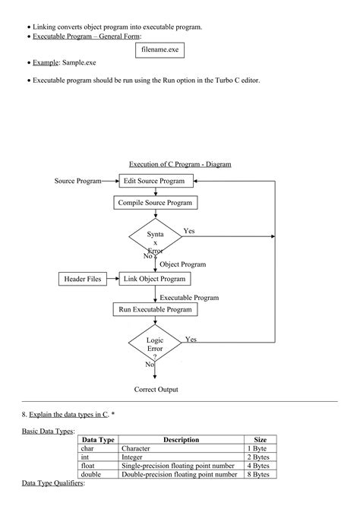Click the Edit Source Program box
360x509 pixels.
coord(155,181)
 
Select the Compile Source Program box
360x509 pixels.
coord(155,203)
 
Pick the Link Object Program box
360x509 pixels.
coord(155,280)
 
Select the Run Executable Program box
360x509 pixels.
coord(155,309)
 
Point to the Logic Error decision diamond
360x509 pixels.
coord(155,346)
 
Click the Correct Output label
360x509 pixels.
coord(156,390)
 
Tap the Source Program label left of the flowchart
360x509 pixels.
coord(78,181)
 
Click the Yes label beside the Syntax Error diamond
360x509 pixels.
coord(189,230)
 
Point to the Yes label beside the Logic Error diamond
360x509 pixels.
coord(191,340)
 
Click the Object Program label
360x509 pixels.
coord(182,264)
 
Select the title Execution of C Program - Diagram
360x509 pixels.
coord(180,164)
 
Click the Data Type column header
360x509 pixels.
coord(98,440)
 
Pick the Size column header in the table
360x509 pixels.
coord(260,440)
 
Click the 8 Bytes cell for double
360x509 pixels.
coord(260,474)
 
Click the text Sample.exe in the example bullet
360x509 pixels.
coord(81,62)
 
